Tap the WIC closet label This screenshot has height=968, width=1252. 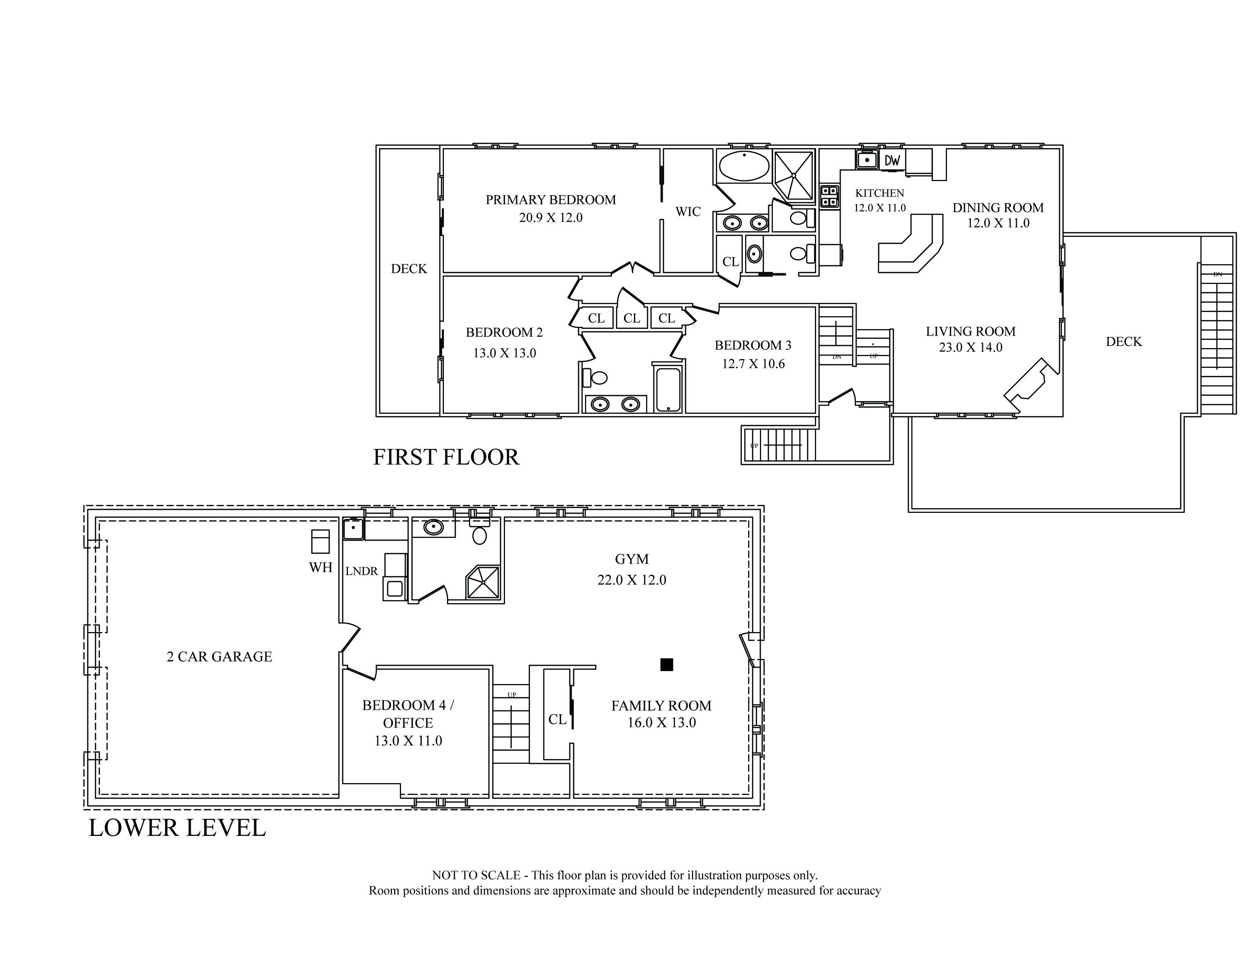coord(688,211)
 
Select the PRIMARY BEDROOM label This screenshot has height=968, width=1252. coord(551,200)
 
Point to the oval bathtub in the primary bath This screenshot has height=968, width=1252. coord(744,166)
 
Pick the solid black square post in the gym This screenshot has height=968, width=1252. coord(666,665)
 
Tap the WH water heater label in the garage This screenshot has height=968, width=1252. coord(321,567)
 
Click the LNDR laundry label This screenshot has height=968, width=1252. coord(362,571)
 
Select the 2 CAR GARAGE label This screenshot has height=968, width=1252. coord(220,657)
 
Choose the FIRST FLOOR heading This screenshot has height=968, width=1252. coord(446,457)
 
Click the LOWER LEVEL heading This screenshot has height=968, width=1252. coord(177,828)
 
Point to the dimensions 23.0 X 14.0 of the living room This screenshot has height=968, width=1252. coord(970,347)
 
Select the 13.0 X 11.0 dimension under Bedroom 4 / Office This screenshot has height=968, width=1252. coord(408,741)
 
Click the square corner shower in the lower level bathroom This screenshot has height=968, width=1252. coord(483,582)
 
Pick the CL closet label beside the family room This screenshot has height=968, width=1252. coord(557,719)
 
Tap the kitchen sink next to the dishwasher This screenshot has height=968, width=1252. coord(867,159)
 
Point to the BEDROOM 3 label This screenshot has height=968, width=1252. coord(753,345)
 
